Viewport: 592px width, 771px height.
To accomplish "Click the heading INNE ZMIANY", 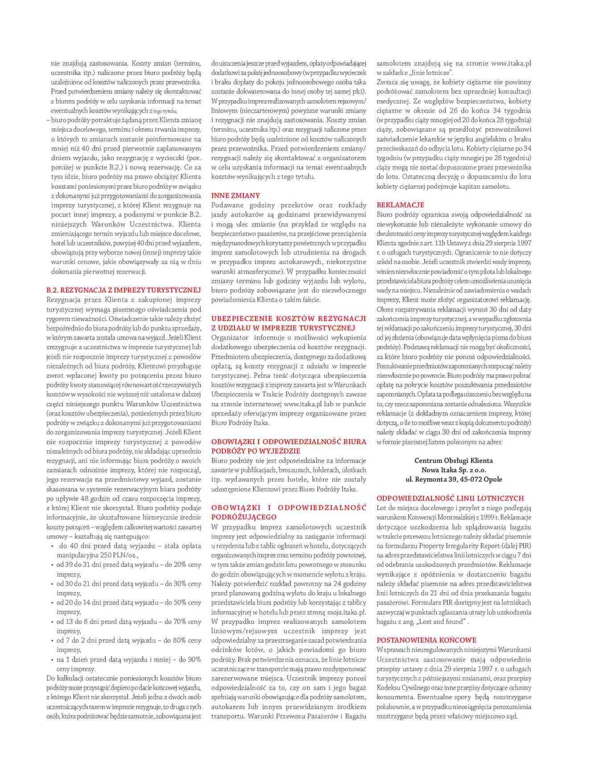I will click(x=236, y=196).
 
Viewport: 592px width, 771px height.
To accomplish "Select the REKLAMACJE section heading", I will click(x=400, y=205).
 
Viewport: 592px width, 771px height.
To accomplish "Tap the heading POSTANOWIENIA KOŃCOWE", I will click(x=426, y=640).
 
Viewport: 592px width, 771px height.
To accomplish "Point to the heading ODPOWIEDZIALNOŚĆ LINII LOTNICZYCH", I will click(x=450, y=498).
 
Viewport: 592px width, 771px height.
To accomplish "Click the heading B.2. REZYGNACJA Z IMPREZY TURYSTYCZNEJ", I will click(x=123, y=290).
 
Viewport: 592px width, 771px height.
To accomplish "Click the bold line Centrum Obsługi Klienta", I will click(x=454, y=460).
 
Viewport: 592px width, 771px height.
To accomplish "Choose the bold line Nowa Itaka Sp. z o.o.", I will click(x=454, y=470).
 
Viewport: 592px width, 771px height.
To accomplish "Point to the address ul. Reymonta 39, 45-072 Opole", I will click(x=454, y=479).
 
